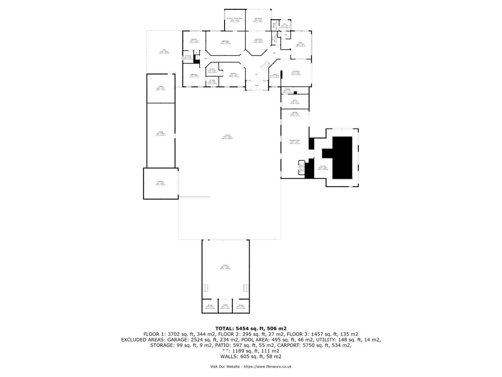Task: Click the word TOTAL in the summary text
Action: click(226, 328)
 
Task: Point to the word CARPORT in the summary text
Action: click(305, 345)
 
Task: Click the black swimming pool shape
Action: click(343, 157)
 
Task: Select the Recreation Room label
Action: click(295, 141)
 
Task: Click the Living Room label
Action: click(296, 73)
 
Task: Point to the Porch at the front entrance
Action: click(256, 86)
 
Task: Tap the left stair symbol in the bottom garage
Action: click(206, 288)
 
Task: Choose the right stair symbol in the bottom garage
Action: click(245, 288)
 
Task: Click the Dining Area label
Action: click(258, 40)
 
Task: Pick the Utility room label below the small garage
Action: click(295, 101)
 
